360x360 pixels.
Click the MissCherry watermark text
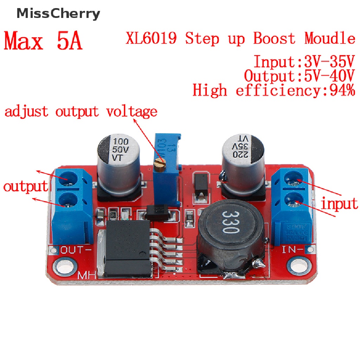pyautogui.click(x=58, y=14)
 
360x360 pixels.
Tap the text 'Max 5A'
pyautogui.click(x=43, y=41)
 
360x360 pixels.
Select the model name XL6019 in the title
pyautogui.click(x=151, y=38)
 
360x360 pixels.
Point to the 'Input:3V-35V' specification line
pyautogui.click(x=304, y=62)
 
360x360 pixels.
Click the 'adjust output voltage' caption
pyautogui.click(x=81, y=111)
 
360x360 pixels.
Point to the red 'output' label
pyautogui.click(x=25, y=186)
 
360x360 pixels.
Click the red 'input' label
pyautogui.click(x=340, y=204)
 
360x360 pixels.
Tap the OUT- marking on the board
pyautogui.click(x=76, y=250)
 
